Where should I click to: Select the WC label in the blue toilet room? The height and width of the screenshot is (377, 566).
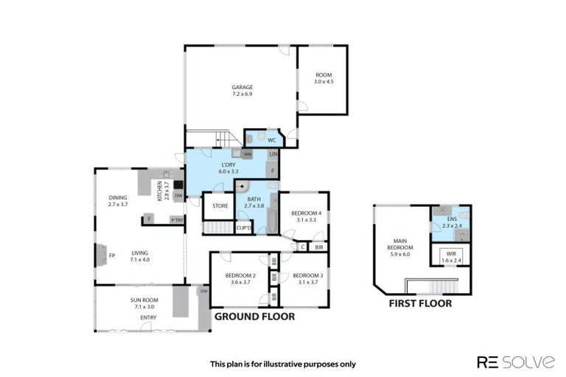click(x=271, y=140)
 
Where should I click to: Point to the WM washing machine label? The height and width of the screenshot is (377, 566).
click(x=248, y=154)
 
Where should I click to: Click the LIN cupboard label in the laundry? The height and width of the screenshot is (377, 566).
click(x=273, y=154)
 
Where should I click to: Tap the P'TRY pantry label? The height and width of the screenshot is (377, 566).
click(x=176, y=220)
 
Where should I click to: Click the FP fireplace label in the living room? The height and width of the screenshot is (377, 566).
click(x=113, y=256)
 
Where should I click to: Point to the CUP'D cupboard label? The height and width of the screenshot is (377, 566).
click(x=244, y=228)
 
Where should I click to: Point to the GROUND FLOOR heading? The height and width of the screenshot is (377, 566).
click(x=254, y=317)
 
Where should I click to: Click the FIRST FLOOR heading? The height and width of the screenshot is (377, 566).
click(x=420, y=303)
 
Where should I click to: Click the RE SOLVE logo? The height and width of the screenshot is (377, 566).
click(x=516, y=362)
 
